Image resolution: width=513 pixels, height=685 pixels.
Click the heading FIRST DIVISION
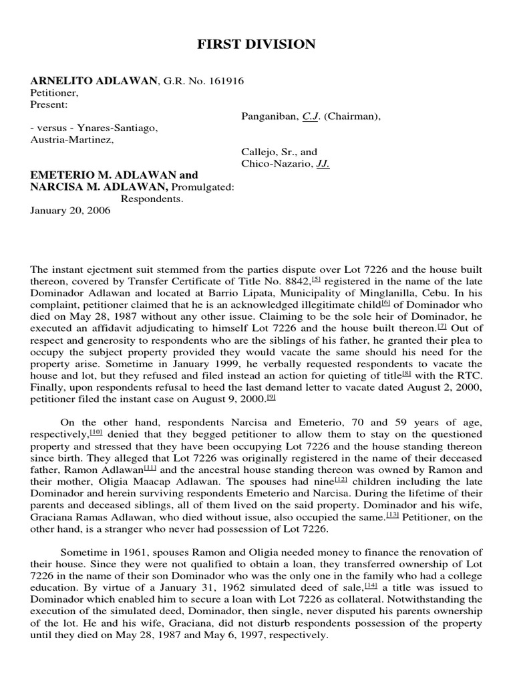tap(256, 45)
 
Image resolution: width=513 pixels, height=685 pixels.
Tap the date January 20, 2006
tap(70, 210)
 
